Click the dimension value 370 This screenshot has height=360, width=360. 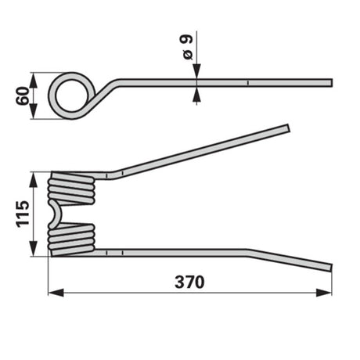[x=189, y=283]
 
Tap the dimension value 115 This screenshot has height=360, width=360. [x=23, y=214]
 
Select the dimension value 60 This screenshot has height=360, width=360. [x=23, y=95]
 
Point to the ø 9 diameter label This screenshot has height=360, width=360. [x=188, y=46]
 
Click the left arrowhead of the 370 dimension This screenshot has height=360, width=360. [x=56, y=293]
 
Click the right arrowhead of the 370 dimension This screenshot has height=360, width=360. [x=324, y=293]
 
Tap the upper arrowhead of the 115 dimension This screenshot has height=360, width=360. [x=33, y=179]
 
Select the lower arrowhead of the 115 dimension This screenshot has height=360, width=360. [x=33, y=249]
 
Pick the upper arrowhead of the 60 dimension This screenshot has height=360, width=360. [x=33, y=81]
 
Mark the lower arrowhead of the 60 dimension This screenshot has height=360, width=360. [x=33, y=111]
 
